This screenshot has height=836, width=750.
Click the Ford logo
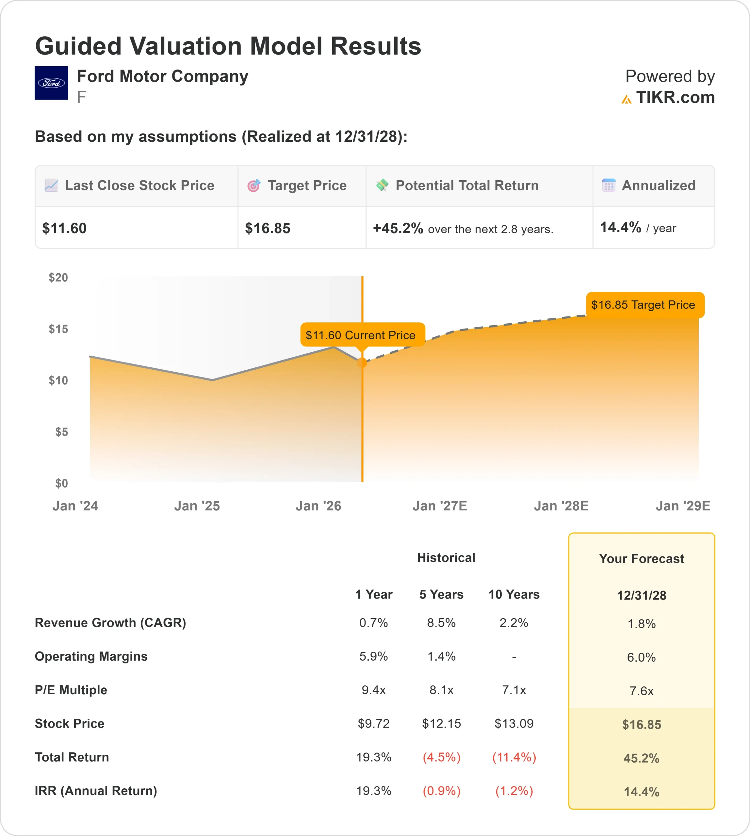(x=51, y=83)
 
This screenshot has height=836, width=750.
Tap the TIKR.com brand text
(x=675, y=98)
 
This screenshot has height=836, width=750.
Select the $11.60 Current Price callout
(x=362, y=335)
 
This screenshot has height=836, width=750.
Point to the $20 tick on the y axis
(x=58, y=278)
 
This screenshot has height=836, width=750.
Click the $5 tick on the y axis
(x=62, y=432)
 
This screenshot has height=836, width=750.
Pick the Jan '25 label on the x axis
(x=197, y=506)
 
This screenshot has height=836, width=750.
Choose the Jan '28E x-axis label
(x=561, y=506)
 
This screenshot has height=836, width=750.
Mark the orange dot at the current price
(x=362, y=362)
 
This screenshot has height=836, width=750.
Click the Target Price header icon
(x=254, y=186)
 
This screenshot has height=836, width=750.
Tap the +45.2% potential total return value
(x=398, y=228)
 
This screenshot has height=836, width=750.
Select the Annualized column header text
(x=659, y=185)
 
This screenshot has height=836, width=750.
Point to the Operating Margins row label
(x=91, y=656)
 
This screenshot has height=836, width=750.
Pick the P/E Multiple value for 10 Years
(x=514, y=690)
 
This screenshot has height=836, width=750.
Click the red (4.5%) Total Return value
(x=441, y=757)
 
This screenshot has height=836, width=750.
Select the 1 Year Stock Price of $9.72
(x=373, y=724)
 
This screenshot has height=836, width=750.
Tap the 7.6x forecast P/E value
(x=641, y=691)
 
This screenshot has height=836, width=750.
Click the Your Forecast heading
(x=641, y=559)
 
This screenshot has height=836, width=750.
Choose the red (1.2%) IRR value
(x=514, y=791)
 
